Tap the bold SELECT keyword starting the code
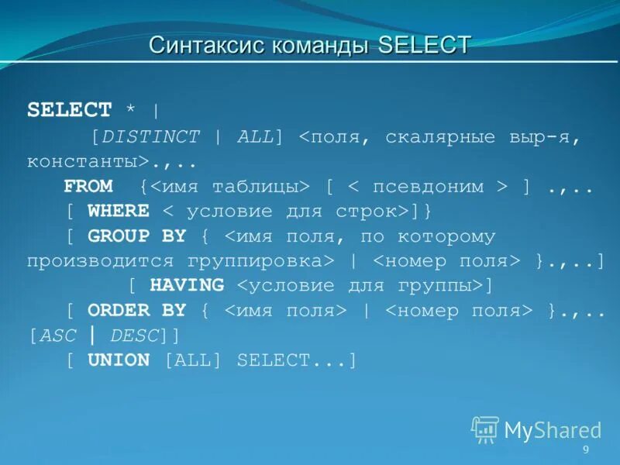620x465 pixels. [70, 110]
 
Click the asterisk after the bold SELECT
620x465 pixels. [132, 110]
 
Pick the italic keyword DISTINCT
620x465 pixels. [150, 137]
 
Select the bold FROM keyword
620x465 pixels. [88, 187]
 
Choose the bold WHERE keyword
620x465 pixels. [119, 212]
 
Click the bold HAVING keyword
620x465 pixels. [187, 286]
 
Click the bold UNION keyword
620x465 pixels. [119, 360]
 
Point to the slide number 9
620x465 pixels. [586, 450]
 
